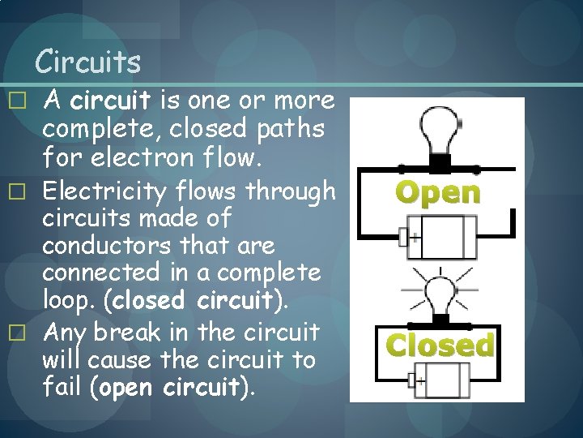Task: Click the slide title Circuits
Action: pyautogui.click(x=89, y=61)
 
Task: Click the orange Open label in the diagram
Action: pyautogui.click(x=437, y=193)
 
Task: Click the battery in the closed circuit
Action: pyautogui.click(x=442, y=379)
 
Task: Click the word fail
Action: pyautogui.click(x=65, y=386)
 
